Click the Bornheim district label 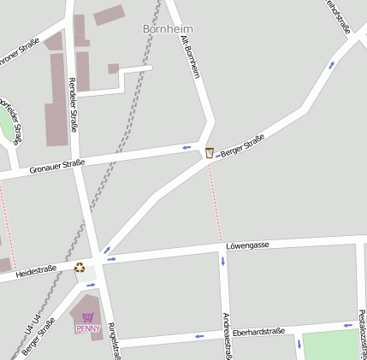tap(167, 29)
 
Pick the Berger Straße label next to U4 tap(39, 337)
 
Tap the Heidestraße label tap(36, 270)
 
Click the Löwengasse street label tap(247, 245)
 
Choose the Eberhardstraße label tap(263, 329)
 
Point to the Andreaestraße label tap(226, 334)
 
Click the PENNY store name tap(87, 328)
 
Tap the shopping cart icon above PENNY tap(87, 317)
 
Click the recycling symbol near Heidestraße tap(80, 267)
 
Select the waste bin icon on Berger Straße tap(210, 152)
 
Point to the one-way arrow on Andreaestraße tap(223, 261)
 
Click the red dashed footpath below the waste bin tap(216, 201)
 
